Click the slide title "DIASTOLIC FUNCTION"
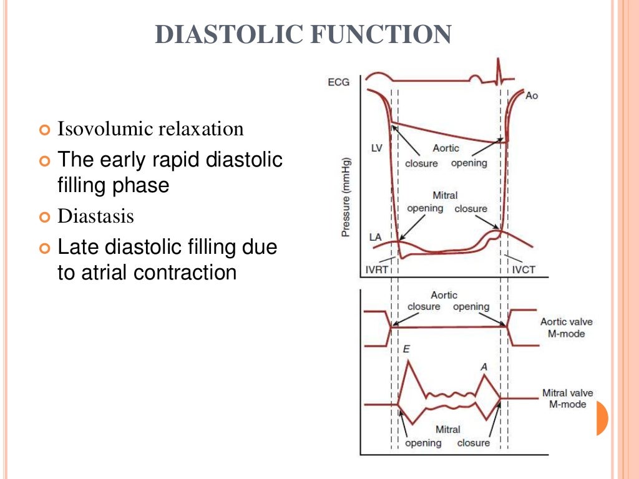(x=303, y=34)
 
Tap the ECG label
(x=339, y=82)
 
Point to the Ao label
(x=531, y=95)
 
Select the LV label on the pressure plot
(x=376, y=148)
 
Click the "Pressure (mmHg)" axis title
(x=344, y=197)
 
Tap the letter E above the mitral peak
(x=406, y=350)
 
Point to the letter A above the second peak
(x=484, y=367)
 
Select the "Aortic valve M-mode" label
(x=567, y=327)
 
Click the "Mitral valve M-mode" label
(x=567, y=399)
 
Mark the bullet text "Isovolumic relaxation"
(x=150, y=129)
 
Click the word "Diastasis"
(x=95, y=216)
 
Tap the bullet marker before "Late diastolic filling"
(x=43, y=248)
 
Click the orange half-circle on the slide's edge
(x=602, y=418)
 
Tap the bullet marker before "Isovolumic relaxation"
(x=43, y=130)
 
